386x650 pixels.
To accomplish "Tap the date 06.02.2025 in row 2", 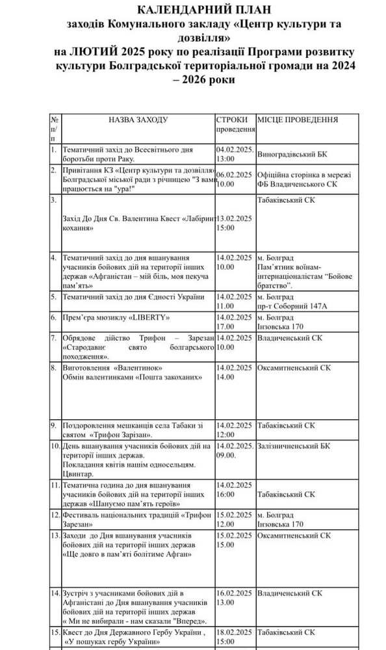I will click(234, 174).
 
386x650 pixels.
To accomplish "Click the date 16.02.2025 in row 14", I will click(234, 593).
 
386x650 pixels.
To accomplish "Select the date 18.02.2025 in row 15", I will click(234, 631).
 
